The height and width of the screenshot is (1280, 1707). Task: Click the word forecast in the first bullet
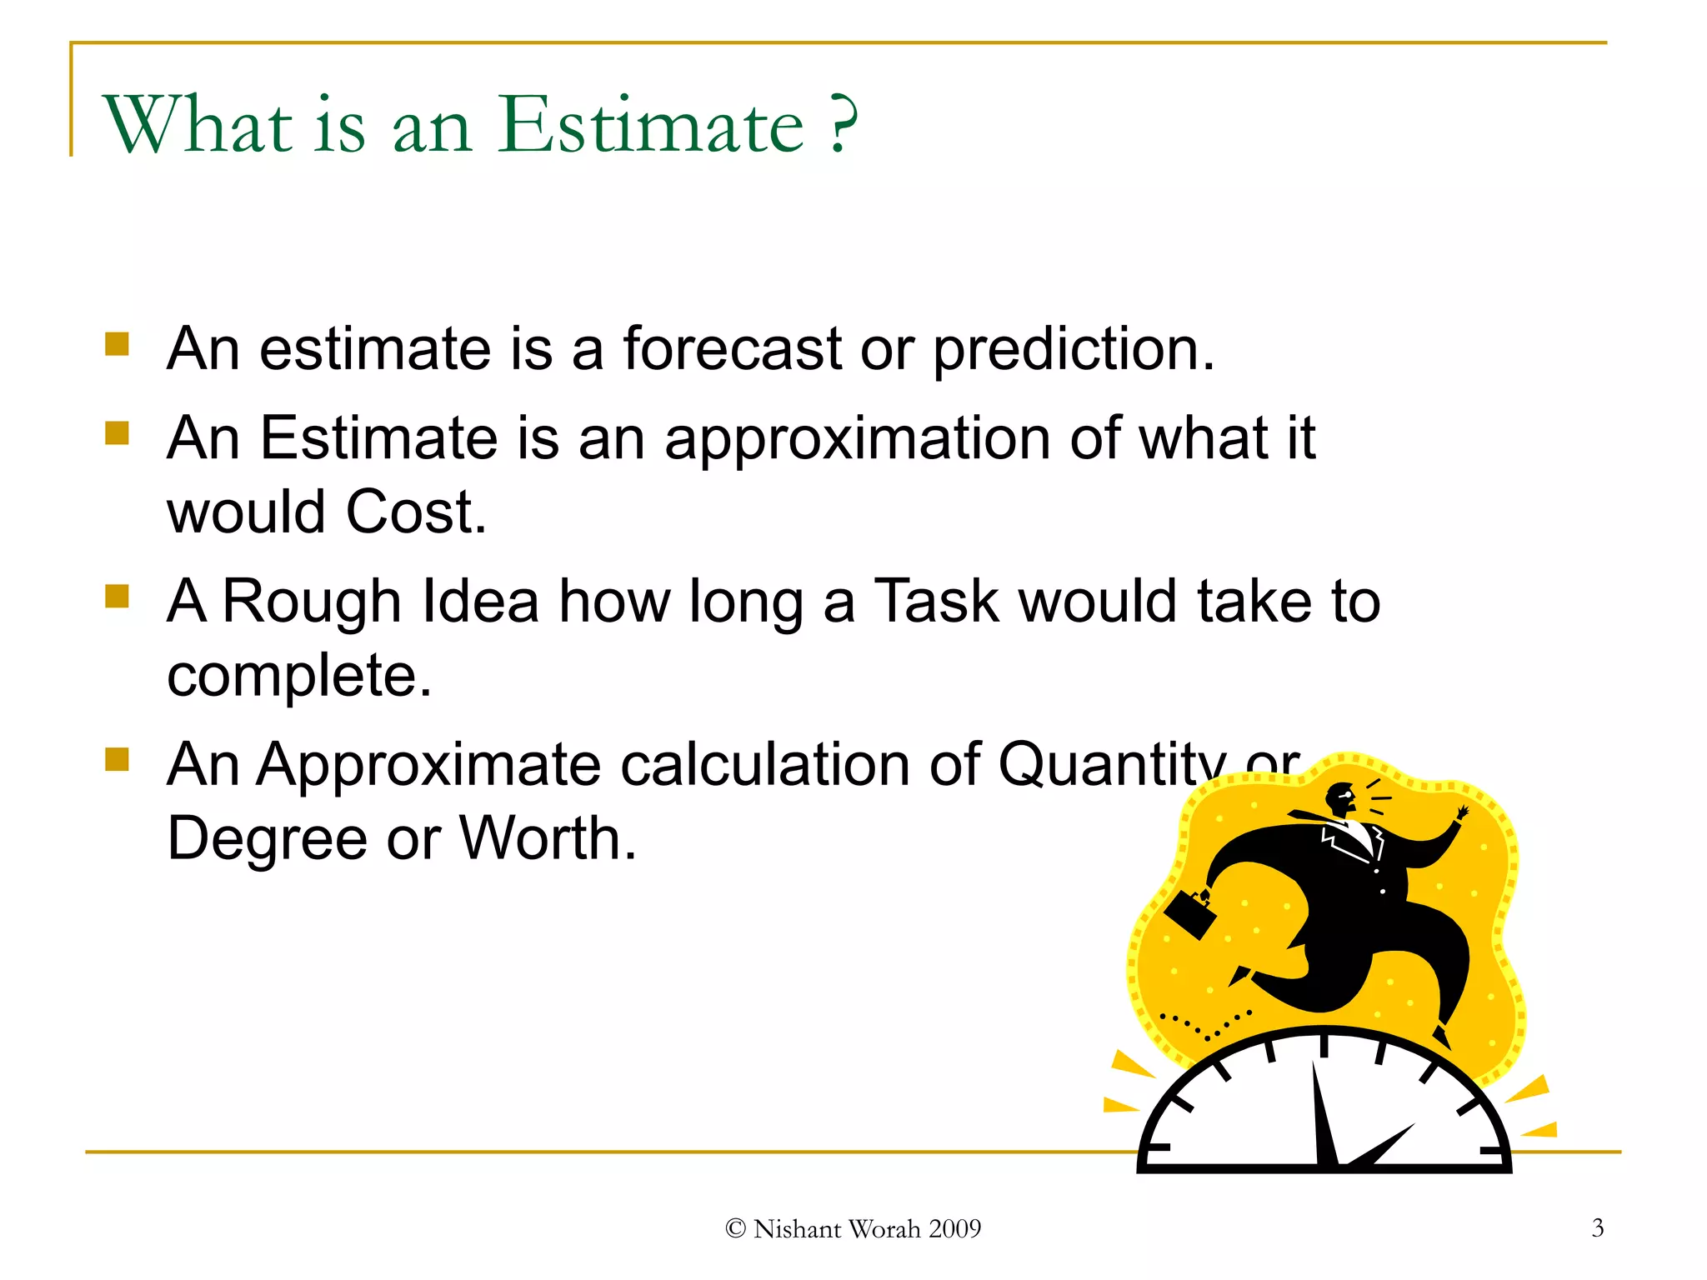(732, 348)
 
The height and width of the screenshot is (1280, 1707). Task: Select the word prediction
(1073, 350)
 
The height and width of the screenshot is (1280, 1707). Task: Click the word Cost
(414, 512)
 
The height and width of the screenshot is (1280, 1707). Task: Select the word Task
(936, 601)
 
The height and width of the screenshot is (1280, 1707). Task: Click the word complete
(298, 676)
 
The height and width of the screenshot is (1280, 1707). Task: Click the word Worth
(547, 838)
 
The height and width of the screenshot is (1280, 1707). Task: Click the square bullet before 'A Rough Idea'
(118, 597)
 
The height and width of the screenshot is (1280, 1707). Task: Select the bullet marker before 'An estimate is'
(118, 344)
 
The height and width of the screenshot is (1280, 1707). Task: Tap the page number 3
(1597, 1227)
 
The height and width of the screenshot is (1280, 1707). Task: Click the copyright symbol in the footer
(735, 1229)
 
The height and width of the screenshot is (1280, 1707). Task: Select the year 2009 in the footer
(954, 1229)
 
